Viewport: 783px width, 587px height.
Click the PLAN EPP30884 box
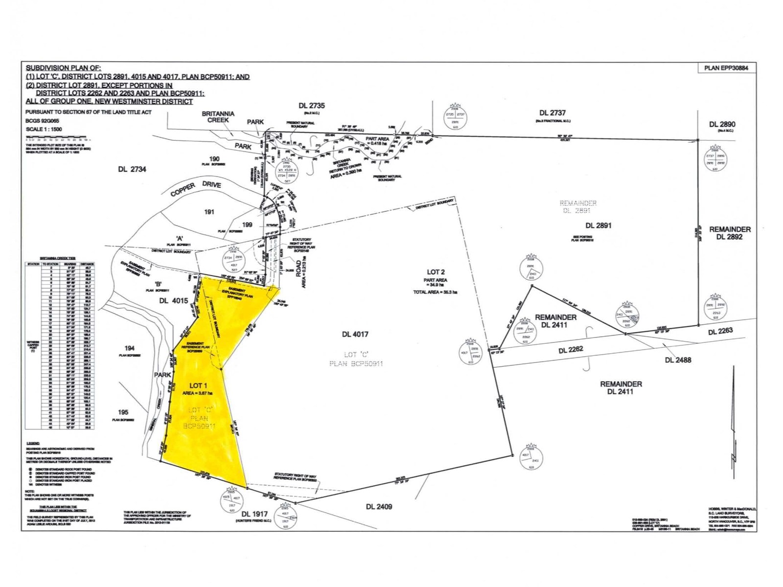(x=726, y=68)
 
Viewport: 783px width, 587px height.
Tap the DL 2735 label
(x=312, y=105)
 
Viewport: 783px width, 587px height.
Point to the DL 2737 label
(x=551, y=113)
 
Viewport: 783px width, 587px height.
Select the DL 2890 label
(x=722, y=124)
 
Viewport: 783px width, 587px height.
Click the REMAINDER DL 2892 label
(x=730, y=233)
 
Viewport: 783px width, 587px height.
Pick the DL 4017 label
(x=355, y=335)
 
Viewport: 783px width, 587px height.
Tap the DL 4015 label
(x=173, y=301)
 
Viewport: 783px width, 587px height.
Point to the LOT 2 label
(x=436, y=272)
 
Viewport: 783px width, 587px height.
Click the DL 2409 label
(x=379, y=507)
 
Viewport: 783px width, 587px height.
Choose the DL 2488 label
(x=678, y=360)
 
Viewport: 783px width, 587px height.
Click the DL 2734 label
(x=132, y=169)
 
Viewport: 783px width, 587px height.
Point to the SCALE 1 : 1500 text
(x=44, y=130)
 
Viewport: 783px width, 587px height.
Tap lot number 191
(x=209, y=212)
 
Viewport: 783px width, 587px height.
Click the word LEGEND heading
(x=33, y=443)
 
